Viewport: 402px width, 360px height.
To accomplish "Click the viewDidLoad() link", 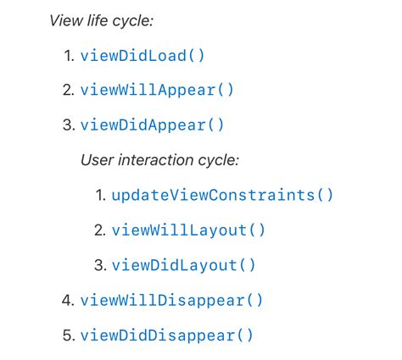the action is [142, 55].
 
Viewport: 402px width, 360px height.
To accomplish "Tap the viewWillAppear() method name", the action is [157, 90].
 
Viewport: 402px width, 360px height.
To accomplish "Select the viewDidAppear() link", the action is [152, 125].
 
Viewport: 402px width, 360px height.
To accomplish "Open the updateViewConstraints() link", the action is [222, 195].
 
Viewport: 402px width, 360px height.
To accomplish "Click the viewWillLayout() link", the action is [188, 230].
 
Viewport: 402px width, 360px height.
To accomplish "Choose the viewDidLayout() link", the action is [183, 265].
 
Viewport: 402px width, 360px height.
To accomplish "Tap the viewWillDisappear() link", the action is [171, 300].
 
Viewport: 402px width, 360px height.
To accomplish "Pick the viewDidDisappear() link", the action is [167, 335].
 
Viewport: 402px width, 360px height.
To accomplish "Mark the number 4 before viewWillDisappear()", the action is [68, 300].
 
